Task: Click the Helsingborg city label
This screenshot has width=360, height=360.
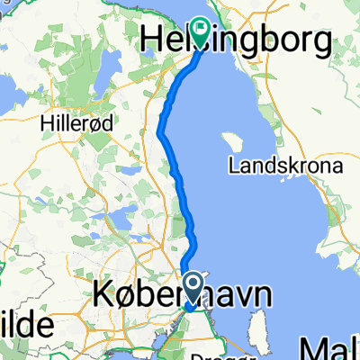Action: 238,39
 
